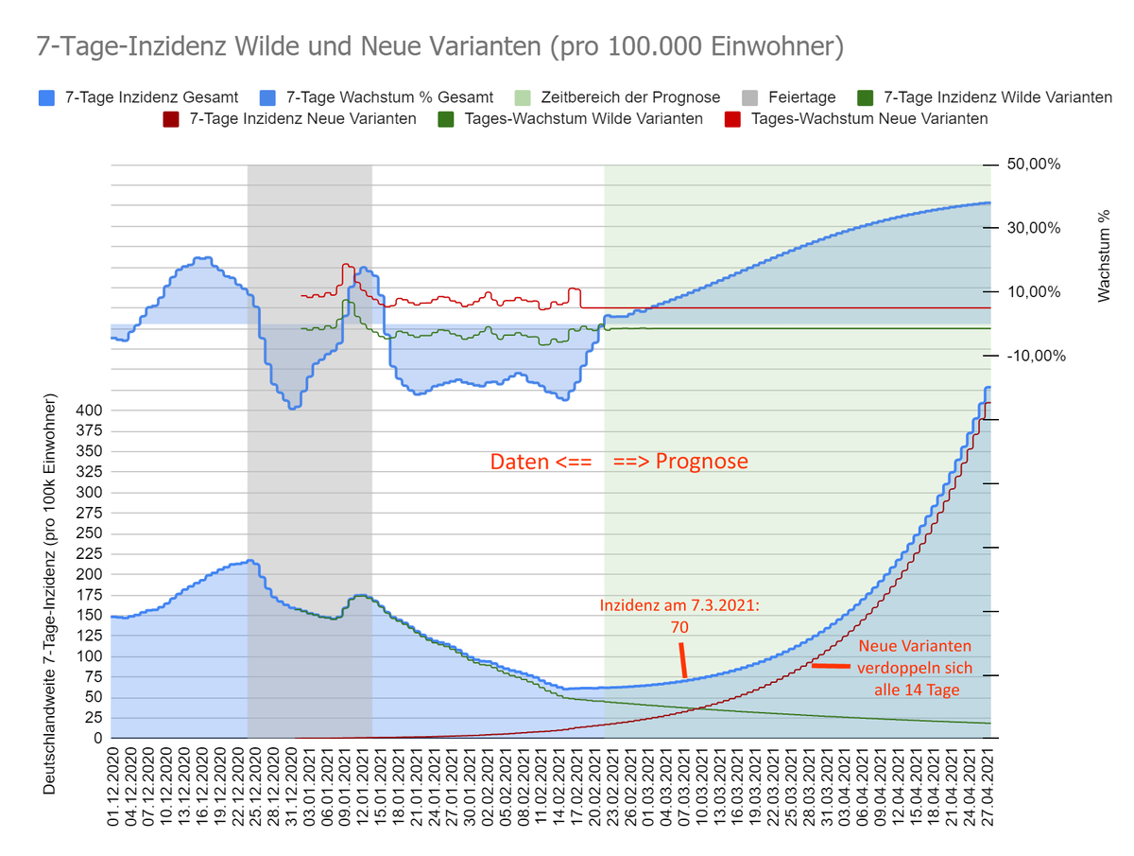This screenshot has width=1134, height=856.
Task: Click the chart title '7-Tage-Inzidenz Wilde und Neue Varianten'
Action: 440,47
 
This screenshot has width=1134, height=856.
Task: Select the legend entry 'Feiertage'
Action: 799,97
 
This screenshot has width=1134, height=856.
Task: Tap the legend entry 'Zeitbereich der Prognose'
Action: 629,97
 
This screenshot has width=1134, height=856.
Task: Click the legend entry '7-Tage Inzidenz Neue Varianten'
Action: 302,119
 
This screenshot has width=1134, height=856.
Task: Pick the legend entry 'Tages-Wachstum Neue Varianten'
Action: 868,119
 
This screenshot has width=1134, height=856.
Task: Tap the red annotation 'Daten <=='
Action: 541,463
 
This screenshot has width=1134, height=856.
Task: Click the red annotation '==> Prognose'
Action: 680,463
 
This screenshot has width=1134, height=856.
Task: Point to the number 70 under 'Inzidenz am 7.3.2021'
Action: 679,626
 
